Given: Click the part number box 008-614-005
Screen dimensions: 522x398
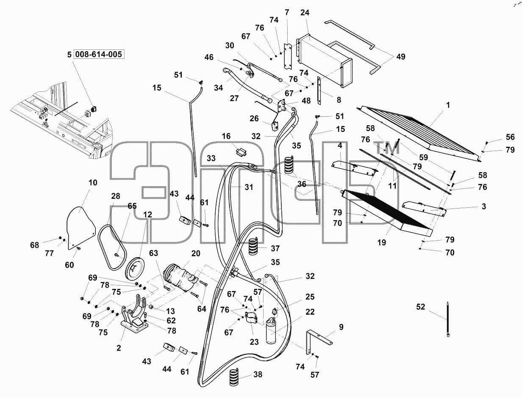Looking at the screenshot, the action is [x=98, y=54].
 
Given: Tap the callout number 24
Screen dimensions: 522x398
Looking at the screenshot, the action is [x=305, y=13].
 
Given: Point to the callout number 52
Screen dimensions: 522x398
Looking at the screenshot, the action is [x=420, y=307].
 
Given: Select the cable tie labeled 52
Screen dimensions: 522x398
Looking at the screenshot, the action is [x=448, y=319].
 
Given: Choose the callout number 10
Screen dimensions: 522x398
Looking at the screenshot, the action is [x=93, y=183].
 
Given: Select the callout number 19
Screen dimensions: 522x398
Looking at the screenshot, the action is [x=381, y=242].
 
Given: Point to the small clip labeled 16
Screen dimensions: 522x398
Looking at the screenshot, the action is [x=241, y=152].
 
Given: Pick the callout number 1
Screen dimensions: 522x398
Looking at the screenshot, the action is [x=448, y=105].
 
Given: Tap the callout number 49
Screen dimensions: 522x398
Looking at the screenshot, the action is [x=401, y=57].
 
